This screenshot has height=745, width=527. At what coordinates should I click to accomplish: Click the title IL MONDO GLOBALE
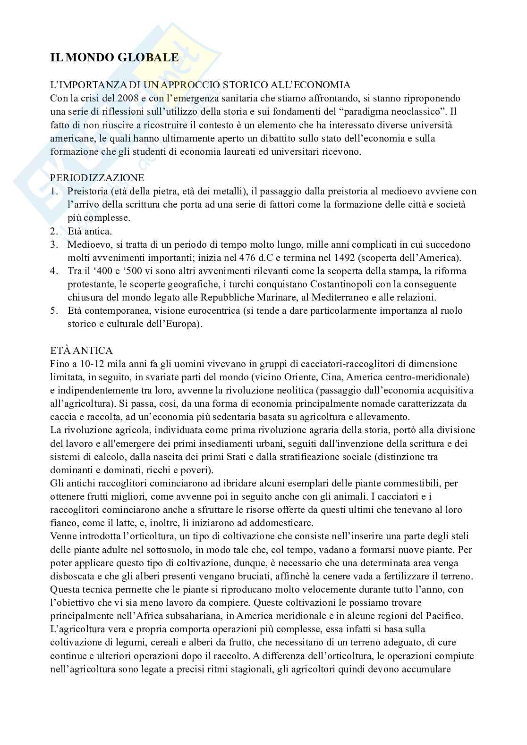[114, 58]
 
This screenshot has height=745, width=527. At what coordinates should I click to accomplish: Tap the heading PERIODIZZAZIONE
[97, 178]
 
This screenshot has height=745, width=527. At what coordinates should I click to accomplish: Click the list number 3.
[55, 244]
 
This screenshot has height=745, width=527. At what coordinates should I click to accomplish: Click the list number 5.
[55, 311]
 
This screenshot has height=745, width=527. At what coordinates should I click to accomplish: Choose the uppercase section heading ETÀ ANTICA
[81, 351]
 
